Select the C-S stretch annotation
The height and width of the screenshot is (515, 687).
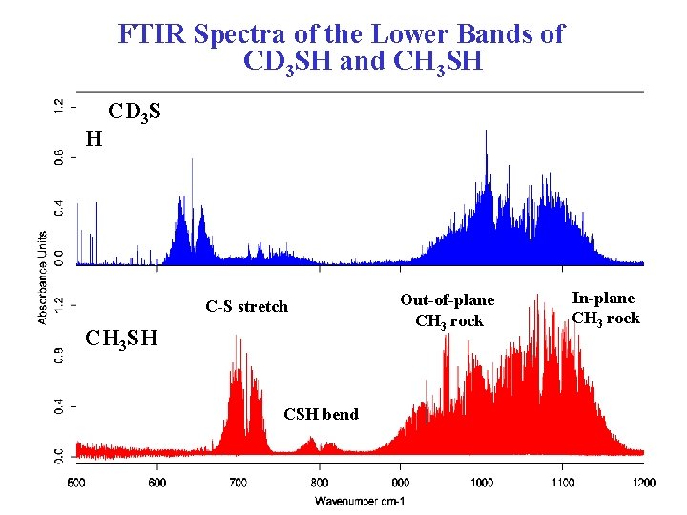pos(246,306)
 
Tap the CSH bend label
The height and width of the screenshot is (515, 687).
pos(322,413)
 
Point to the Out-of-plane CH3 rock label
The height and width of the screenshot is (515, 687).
pos(448,310)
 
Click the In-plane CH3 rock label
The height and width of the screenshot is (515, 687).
pos(606,308)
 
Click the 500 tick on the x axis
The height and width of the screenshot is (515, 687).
pos(76,483)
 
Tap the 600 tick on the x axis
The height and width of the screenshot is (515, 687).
pos(157,483)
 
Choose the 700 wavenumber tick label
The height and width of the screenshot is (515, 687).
pos(239,483)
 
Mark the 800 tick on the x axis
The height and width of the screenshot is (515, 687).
pos(320,483)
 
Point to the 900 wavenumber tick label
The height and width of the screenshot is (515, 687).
pos(401,483)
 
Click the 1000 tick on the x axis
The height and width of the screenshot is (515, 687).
pos(482,483)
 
